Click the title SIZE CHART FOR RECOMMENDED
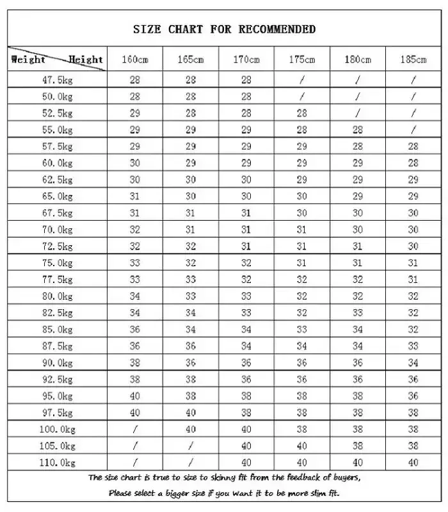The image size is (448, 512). [224, 29]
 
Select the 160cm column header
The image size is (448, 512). [135, 60]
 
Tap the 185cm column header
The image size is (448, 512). [413, 60]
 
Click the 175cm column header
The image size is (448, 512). [302, 60]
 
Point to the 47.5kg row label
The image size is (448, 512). [57, 80]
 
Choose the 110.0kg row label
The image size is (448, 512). [57, 462]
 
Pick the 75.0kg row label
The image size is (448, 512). [57, 263]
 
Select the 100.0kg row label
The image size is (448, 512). [57, 429]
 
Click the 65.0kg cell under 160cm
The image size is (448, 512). [135, 196]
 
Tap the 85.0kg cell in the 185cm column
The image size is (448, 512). [413, 330]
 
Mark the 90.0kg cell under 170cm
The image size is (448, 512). [246, 363]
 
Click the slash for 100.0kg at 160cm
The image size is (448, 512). [135, 429]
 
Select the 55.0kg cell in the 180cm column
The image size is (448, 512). [358, 130]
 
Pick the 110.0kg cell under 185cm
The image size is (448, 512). [413, 462]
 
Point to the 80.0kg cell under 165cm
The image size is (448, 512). [191, 296]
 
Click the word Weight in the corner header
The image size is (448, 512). [28, 60]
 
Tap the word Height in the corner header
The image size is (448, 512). [86, 60]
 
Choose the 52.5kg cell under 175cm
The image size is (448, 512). [302, 113]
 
